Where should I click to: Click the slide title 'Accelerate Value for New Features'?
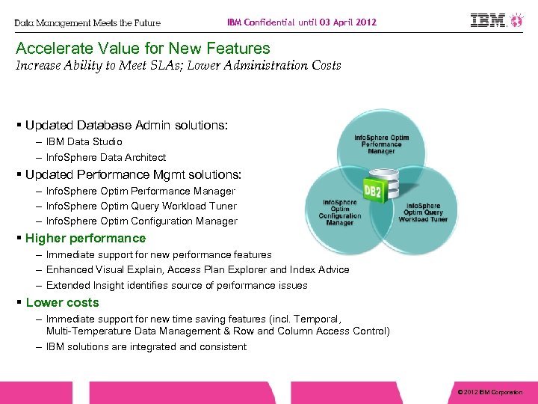coord(143,49)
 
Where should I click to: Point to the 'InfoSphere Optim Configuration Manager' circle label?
coord(340,212)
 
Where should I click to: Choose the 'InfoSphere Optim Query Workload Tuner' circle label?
coord(423,212)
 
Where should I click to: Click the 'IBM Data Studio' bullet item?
coord(84,141)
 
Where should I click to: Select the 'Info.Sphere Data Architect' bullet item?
coord(106,157)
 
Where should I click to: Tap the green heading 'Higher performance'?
coord(85,238)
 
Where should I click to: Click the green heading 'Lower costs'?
coord(62,302)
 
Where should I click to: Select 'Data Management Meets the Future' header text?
coord(87,22)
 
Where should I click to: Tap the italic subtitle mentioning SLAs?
coord(178,65)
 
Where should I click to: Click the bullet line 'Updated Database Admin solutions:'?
coord(125,125)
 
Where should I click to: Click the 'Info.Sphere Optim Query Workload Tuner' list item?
coord(141,206)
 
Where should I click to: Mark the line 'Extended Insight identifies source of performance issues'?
coord(176,285)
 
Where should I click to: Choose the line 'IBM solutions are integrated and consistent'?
coord(146,346)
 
